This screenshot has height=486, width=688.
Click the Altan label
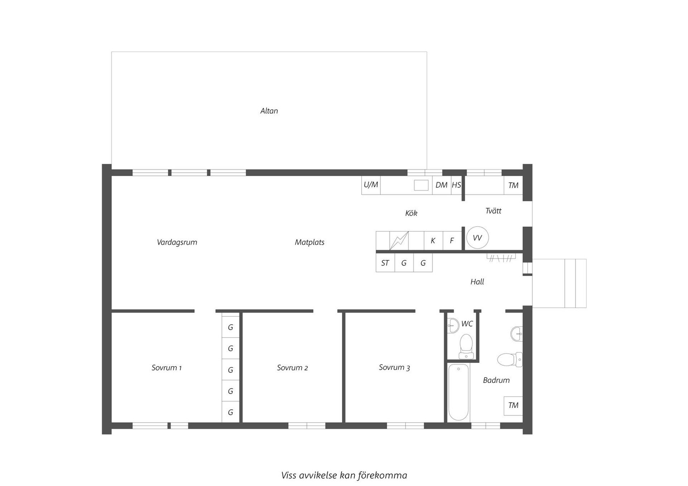269,111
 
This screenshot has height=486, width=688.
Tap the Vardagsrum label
177,242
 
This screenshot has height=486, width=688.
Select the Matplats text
310,242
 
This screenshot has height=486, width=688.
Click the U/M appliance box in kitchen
371,185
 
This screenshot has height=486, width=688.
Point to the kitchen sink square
421,185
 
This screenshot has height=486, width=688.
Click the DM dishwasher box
441,185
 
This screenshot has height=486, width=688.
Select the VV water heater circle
477,238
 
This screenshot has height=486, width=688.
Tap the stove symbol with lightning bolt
399,241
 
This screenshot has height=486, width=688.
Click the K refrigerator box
433,241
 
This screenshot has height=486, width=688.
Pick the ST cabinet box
385,263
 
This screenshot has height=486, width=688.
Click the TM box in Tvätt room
513,185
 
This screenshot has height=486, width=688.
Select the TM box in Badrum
513,405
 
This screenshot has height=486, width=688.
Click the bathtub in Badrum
458,392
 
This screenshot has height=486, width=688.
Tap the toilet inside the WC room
466,346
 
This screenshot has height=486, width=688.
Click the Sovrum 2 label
292,368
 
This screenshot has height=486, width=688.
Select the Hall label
477,282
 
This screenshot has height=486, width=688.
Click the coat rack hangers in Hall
501,258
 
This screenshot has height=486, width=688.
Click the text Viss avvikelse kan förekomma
344,475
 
